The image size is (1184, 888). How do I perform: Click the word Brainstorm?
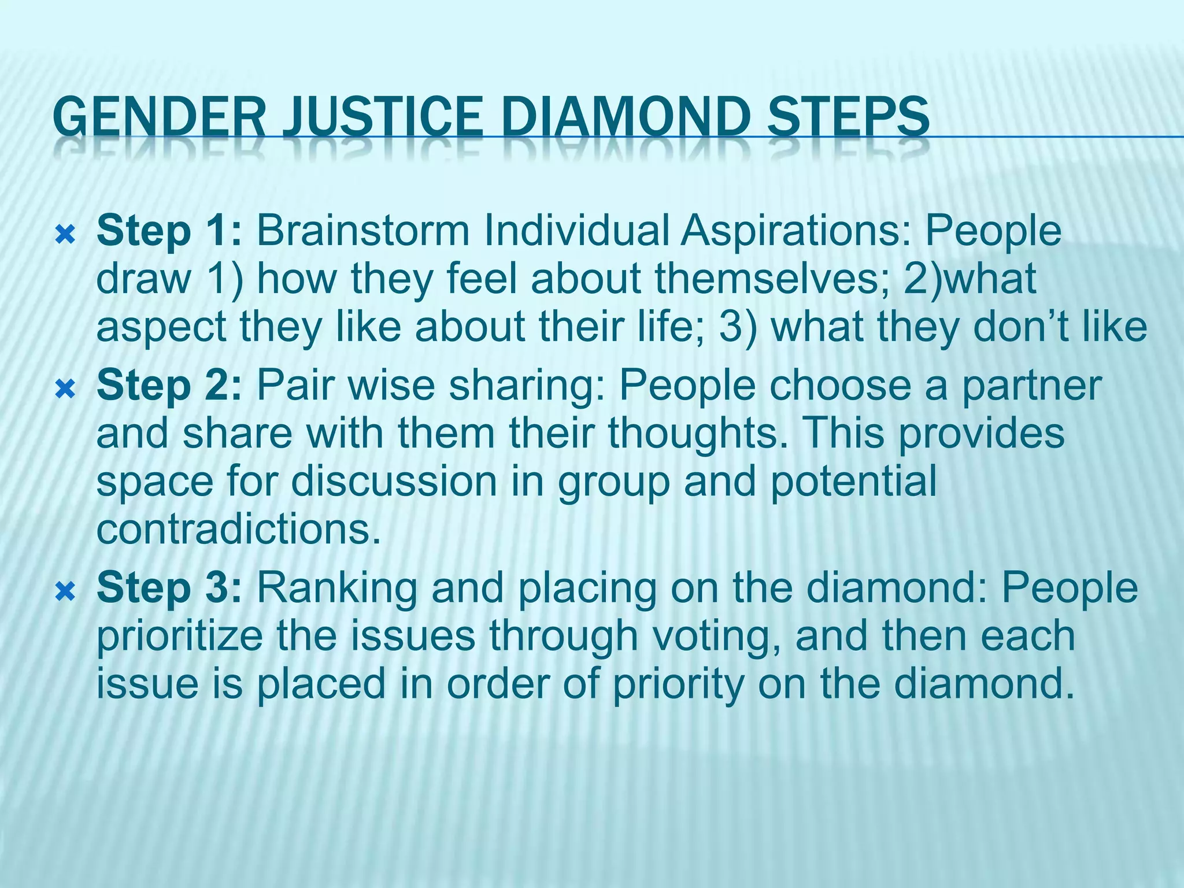[363, 231]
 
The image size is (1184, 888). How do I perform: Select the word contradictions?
[239, 529]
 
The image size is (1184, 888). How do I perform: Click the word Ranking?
[336, 589]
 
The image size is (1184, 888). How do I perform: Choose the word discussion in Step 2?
[394, 482]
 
